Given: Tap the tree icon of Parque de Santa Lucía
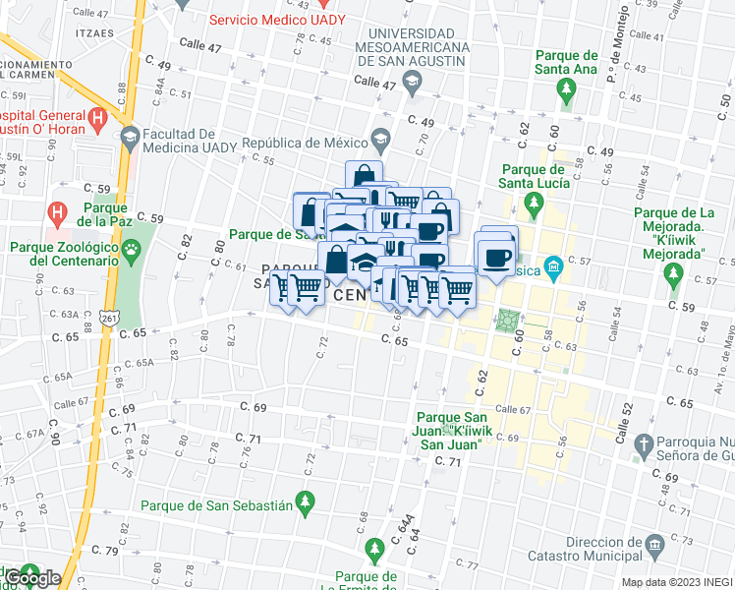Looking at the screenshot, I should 534,206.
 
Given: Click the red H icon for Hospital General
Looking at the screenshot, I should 96,119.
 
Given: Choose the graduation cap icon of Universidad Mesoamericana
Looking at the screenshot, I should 412,80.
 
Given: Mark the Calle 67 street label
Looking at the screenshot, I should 513,409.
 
